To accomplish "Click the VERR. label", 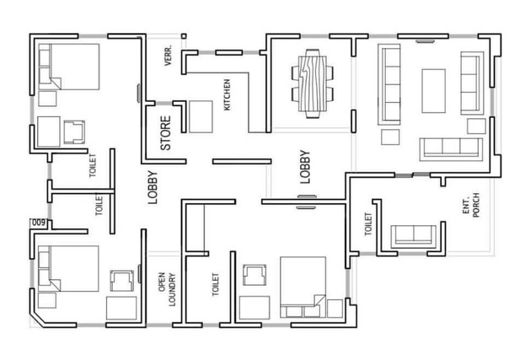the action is point(169,56).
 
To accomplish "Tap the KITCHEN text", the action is point(227,94).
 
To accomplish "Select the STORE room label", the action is point(166,133).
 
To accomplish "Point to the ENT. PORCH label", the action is point(471,205).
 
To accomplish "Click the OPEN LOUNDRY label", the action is point(167,289).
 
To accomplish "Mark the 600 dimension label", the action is point(39,223).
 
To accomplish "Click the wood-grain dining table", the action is point(313,83).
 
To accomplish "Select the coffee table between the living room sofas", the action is point(434,91).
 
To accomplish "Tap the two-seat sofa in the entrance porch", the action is point(414,235).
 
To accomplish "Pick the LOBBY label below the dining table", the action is point(305,167).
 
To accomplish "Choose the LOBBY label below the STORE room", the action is point(153,187).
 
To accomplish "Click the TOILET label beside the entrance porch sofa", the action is point(368,224).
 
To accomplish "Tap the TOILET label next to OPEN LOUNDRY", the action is point(215,284).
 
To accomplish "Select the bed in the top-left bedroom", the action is point(69,67).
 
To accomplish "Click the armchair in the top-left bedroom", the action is point(74,132).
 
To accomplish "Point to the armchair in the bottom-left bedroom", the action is point(122,281).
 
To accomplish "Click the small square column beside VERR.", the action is point(184,36).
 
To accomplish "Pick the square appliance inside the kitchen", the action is point(201,116).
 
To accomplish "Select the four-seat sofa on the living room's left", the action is point(389,84).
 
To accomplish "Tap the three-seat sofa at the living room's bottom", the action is point(452,148).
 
